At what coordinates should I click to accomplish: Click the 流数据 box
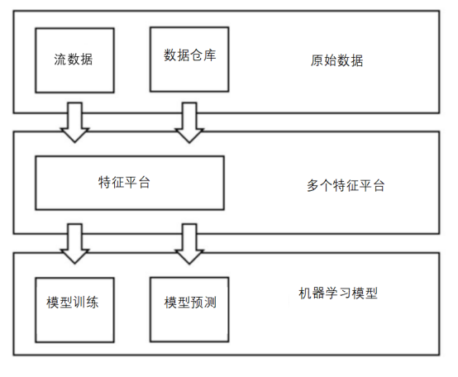point(74,60)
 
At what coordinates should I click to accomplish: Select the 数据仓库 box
point(189,60)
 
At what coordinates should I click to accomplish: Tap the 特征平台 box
point(130,183)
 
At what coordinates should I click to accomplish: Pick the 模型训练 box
point(74,310)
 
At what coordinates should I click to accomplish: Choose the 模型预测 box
point(189,309)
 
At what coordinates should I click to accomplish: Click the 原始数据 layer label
point(336,60)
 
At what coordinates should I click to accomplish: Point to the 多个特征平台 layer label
point(346,185)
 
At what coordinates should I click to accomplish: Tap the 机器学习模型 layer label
point(338,293)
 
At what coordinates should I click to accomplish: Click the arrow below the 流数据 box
point(74,122)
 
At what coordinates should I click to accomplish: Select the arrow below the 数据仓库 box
point(189,122)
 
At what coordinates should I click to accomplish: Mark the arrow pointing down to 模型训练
point(74,244)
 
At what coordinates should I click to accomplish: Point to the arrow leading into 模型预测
point(189,244)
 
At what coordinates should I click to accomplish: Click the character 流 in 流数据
point(60,60)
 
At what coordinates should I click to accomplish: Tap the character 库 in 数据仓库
point(210,55)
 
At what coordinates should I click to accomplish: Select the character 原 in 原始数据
point(317,60)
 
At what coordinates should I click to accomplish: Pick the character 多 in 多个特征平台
point(312,185)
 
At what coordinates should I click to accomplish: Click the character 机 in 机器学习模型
point(305,293)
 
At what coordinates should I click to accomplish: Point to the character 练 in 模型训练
point(93,303)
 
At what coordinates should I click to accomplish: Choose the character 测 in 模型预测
point(210,303)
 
